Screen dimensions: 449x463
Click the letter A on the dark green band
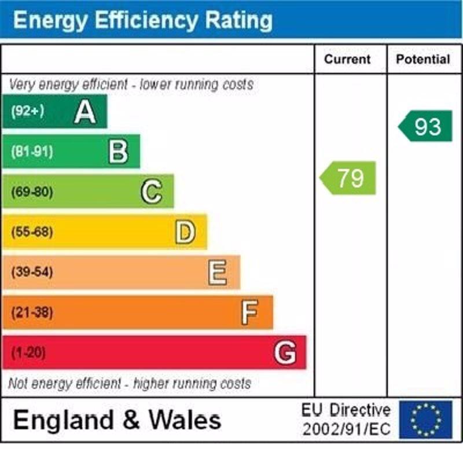click(x=85, y=112)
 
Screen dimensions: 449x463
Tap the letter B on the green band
click(x=118, y=152)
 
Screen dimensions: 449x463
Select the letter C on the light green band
click(x=152, y=192)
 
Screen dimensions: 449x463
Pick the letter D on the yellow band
click(x=185, y=232)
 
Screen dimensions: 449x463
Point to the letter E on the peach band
click(x=218, y=272)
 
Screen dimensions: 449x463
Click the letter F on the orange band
click(x=249, y=312)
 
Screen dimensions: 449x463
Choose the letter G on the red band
click(x=285, y=352)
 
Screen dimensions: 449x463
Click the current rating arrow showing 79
click(x=348, y=178)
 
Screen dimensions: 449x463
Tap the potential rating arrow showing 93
click(x=426, y=126)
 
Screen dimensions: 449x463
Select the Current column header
click(x=347, y=60)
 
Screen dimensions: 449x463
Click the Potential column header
click(x=423, y=60)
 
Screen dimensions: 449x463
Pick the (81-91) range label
click(x=31, y=152)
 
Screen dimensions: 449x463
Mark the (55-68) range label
click(x=31, y=232)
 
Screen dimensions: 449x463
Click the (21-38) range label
click(x=31, y=312)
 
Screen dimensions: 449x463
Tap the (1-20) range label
click(x=28, y=352)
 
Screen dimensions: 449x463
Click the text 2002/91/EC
click(x=346, y=429)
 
